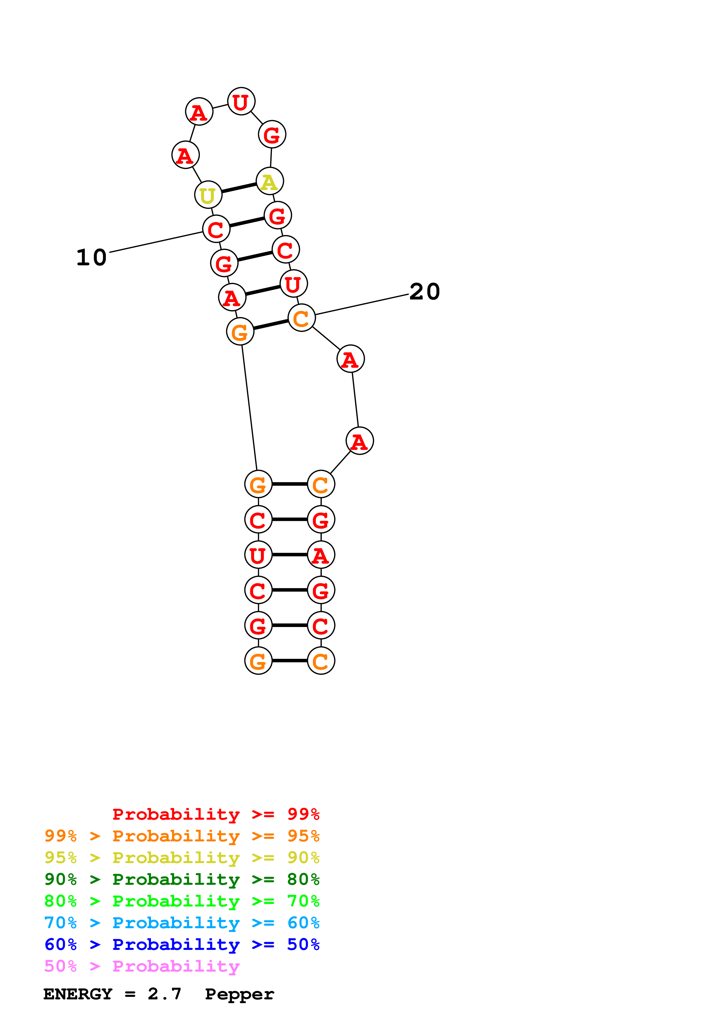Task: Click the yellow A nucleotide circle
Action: [x=270, y=181]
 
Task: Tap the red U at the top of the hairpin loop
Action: [x=241, y=102]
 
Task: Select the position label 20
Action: [x=425, y=292]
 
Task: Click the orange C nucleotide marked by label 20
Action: [x=301, y=318]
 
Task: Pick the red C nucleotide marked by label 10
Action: [x=216, y=229]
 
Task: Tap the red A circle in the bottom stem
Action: [x=321, y=555]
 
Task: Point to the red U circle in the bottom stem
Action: [x=258, y=555]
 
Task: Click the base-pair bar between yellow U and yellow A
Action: [x=239, y=188]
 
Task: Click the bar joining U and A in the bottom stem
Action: [x=289, y=555]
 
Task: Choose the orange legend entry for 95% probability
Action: [x=182, y=836]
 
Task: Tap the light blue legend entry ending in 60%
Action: [x=182, y=923]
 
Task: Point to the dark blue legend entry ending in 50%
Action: [x=182, y=944]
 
